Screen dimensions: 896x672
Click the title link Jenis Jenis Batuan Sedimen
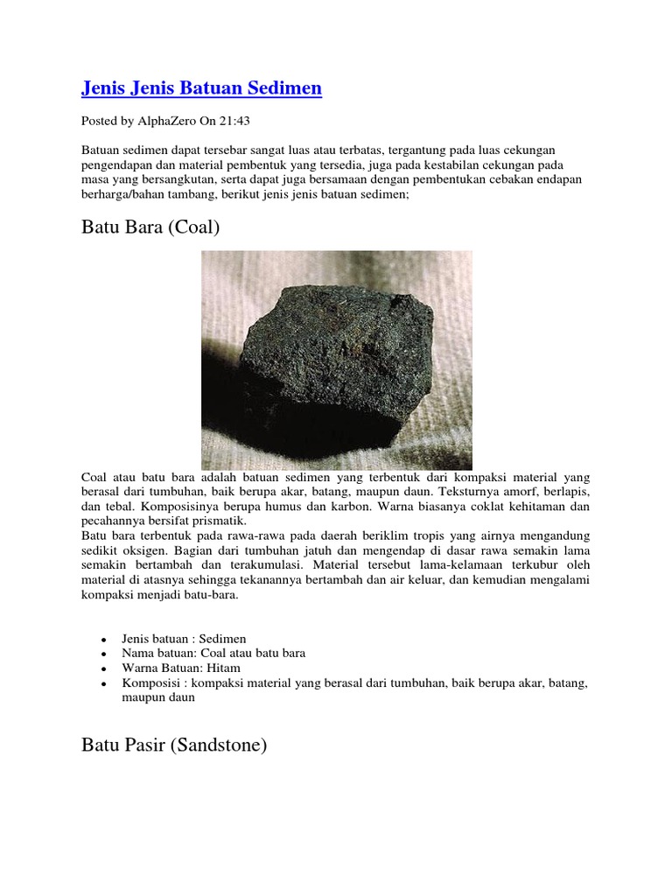[201, 87]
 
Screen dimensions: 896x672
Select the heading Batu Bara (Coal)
[150, 228]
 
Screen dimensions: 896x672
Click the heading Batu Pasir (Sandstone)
[174, 746]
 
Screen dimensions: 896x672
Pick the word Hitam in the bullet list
[223, 668]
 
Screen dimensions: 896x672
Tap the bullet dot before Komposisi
[104, 682]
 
